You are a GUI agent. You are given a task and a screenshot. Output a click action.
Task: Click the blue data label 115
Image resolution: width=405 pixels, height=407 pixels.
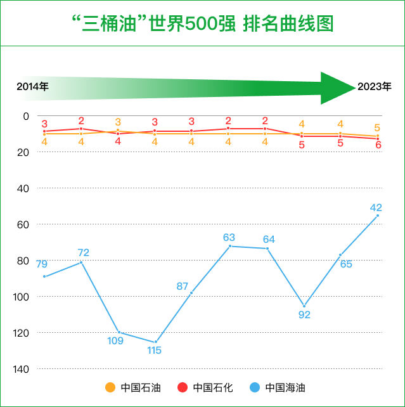pyautogui.click(x=154, y=350)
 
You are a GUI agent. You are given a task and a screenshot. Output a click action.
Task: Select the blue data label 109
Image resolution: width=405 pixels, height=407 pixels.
pyautogui.click(x=115, y=340)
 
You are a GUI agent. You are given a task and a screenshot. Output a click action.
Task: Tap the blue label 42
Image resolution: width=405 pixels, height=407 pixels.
pyautogui.click(x=376, y=207)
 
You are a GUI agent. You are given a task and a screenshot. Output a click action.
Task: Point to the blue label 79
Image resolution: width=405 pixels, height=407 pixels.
pyautogui.click(x=42, y=264)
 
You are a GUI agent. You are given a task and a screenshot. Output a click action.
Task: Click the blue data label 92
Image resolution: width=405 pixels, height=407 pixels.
pyautogui.click(x=304, y=314)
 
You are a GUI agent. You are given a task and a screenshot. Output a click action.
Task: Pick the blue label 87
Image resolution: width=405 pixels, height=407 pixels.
pyautogui.click(x=183, y=286)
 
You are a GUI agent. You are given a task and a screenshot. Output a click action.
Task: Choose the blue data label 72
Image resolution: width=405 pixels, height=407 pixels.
pyautogui.click(x=84, y=252)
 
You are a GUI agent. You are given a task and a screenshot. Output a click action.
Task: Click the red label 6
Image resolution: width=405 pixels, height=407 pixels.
pyautogui.click(x=378, y=145)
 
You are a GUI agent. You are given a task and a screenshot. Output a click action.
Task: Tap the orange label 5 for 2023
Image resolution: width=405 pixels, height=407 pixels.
pyautogui.click(x=377, y=127)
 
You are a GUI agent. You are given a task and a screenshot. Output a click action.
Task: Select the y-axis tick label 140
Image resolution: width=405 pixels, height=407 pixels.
pyautogui.click(x=22, y=369)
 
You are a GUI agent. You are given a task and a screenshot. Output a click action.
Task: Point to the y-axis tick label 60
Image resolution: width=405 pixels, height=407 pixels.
pyautogui.click(x=24, y=224)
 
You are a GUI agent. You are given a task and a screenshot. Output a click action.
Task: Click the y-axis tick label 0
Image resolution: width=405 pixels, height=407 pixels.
pyautogui.click(x=27, y=116)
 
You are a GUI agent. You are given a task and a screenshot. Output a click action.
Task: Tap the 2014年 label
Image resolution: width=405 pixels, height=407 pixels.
pyautogui.click(x=32, y=86)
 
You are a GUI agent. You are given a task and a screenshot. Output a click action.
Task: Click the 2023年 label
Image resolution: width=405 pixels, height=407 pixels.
pyautogui.click(x=374, y=86)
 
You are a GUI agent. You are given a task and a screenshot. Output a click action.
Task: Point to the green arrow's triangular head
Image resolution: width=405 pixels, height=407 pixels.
pyautogui.click(x=336, y=87)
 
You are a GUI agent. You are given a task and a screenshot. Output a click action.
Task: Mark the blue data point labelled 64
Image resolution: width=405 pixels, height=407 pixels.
pyautogui.click(x=267, y=248)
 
